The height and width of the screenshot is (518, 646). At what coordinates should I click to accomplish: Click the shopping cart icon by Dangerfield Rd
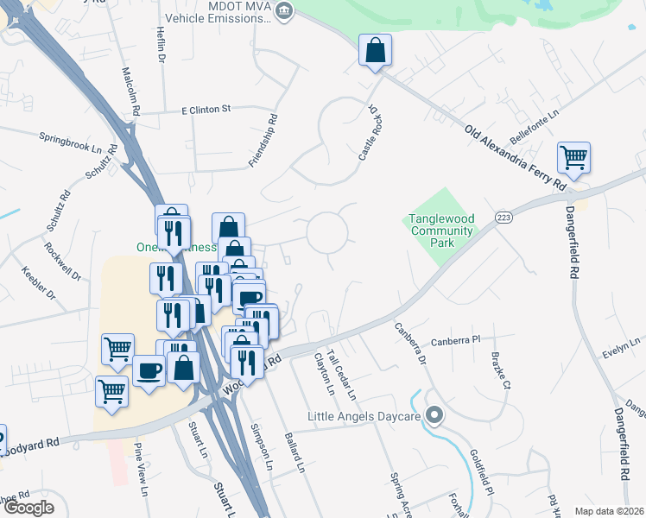click(573, 157)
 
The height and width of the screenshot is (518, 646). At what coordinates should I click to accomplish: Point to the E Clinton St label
click(206, 110)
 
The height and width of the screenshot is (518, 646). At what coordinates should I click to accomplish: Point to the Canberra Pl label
click(455, 340)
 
